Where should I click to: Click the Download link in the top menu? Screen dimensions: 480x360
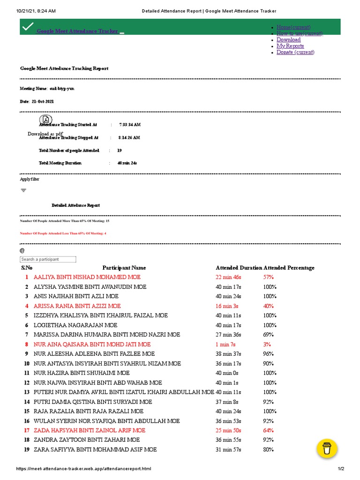[288, 40]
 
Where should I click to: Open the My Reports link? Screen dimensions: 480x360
[290, 46]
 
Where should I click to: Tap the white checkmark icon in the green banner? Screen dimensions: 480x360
[28, 27]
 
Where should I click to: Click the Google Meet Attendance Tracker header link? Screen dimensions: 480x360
[77, 31]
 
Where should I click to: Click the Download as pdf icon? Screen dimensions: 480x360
[46, 120]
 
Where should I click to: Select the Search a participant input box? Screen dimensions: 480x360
[48, 259]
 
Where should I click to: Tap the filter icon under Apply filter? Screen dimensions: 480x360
[23, 190]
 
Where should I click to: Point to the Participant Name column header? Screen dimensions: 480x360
[124, 268]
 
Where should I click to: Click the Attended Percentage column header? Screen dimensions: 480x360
[289, 268]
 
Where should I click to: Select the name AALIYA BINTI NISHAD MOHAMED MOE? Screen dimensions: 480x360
[87, 277]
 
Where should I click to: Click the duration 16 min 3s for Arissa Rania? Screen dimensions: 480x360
[227, 306]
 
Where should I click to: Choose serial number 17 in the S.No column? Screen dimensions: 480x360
[26, 430]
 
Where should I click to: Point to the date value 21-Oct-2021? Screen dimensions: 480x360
[44, 101]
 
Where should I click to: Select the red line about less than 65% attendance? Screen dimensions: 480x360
[63, 233]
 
